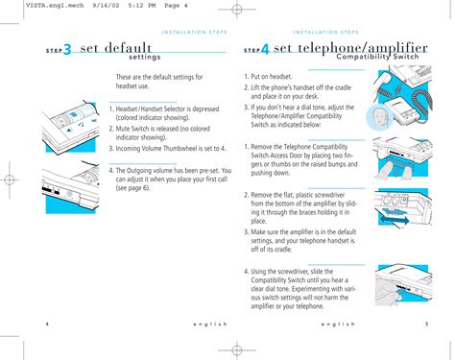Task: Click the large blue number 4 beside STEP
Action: pos(265,49)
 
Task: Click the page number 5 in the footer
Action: pos(426,324)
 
